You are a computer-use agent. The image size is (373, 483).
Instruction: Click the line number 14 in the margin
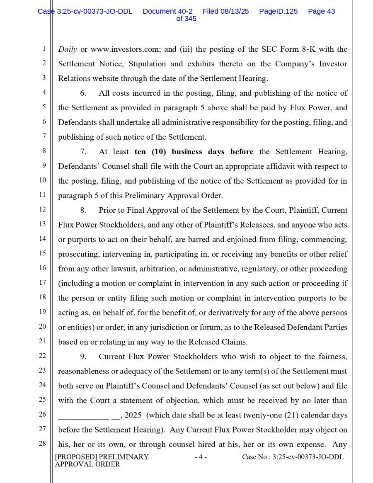coord(42,239)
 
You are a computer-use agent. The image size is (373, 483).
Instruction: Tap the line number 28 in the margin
coord(42,444)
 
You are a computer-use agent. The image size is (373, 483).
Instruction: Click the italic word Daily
coord(67,49)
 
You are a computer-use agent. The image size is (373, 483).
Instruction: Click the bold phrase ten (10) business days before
coord(194,152)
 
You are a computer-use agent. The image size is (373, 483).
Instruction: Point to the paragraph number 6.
coord(83,93)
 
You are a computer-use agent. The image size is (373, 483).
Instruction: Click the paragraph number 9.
coord(83,357)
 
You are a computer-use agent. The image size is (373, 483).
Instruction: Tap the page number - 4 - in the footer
coord(201,457)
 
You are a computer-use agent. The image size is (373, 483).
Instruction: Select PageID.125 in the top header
coord(278,12)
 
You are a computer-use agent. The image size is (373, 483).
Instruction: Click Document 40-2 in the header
coord(167,12)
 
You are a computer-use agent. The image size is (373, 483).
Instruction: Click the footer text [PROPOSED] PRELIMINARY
coord(102,457)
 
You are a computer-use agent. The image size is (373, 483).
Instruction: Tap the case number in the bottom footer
coord(293,457)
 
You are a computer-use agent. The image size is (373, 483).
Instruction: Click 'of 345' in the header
coord(186,19)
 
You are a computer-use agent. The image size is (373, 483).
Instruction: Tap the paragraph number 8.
coord(83,211)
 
